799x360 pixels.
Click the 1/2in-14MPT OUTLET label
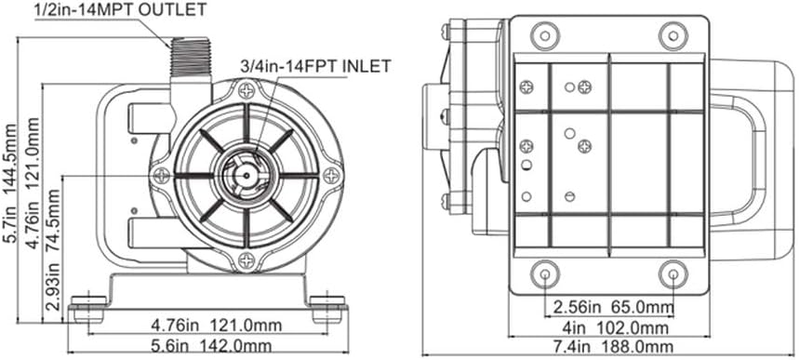coord(120,9)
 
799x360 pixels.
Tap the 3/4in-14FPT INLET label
coord(316,65)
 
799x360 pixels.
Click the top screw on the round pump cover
coord(246,91)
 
